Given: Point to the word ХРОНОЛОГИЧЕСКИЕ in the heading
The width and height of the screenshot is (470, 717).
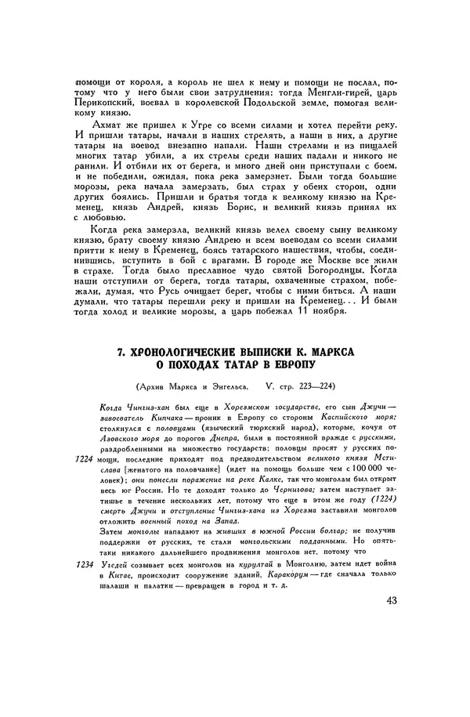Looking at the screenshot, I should [186, 353].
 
